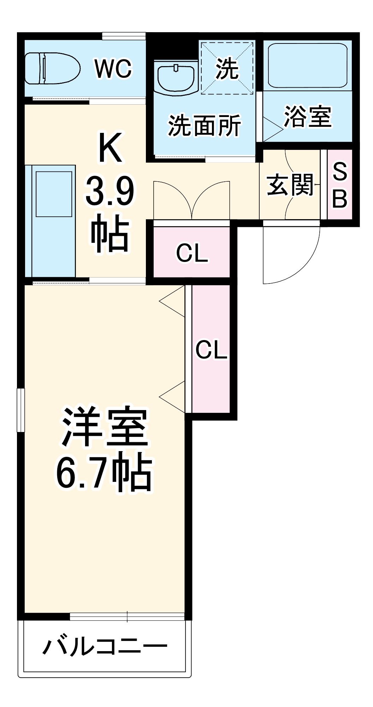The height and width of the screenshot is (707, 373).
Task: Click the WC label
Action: pyautogui.click(x=113, y=69)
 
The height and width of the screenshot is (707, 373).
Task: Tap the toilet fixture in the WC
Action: pyautogui.click(x=52, y=68)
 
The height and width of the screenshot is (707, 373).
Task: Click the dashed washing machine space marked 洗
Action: pyautogui.click(x=227, y=68)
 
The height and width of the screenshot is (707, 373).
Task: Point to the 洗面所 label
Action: pyautogui.click(x=204, y=125)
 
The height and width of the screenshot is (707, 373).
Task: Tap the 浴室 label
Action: pyautogui.click(x=308, y=116)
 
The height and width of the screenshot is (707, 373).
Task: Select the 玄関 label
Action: pyautogui.click(x=290, y=185)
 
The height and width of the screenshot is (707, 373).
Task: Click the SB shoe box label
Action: pyautogui.click(x=340, y=185)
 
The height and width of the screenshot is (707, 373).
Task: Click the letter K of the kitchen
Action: pyautogui.click(x=110, y=147)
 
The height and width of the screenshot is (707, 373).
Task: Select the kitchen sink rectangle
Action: pyautogui.click(x=54, y=194)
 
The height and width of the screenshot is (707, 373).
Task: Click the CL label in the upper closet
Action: pyautogui.click(x=192, y=253)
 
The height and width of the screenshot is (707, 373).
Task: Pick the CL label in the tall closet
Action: pyautogui.click(x=211, y=350)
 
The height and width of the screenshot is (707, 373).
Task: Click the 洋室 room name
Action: pyautogui.click(x=105, y=427)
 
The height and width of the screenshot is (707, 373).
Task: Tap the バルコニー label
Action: pyautogui.click(x=105, y=647)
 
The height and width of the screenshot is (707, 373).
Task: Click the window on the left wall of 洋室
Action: pyautogui.click(x=21, y=410)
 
